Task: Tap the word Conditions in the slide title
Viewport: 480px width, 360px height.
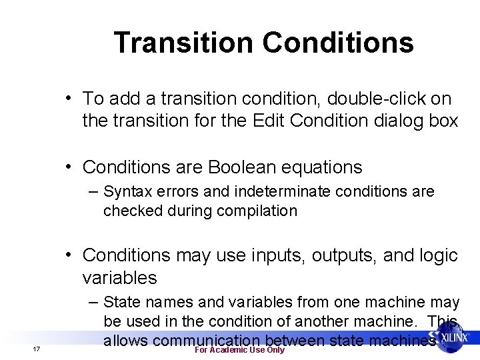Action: point(338,43)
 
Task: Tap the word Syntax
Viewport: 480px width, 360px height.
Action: point(128,192)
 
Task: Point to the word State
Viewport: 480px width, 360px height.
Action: point(123,303)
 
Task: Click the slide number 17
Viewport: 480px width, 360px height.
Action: point(37,350)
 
